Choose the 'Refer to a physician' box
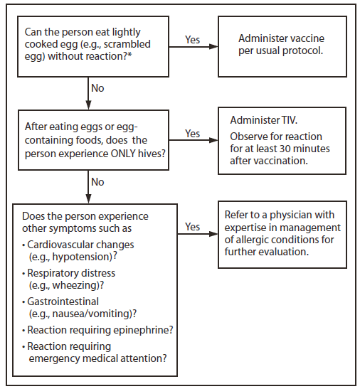[x=284, y=235]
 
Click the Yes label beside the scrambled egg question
[x=193, y=40]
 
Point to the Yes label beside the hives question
[x=193, y=134]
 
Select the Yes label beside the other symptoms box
[x=193, y=226]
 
